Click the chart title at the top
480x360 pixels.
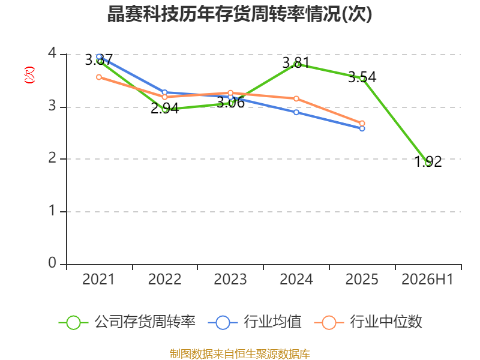click(x=239, y=14)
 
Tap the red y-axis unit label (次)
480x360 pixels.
click(x=29, y=75)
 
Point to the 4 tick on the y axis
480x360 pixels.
click(x=52, y=53)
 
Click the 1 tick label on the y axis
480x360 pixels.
click(x=52, y=211)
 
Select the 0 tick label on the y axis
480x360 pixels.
click(x=52, y=263)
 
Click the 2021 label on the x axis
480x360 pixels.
click(x=98, y=279)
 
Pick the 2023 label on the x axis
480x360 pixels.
click(x=230, y=279)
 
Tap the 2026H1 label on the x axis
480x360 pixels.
click(x=427, y=279)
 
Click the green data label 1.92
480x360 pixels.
click(x=428, y=161)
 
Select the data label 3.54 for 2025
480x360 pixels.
click(x=362, y=77)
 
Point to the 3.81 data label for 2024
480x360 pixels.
click(x=296, y=63)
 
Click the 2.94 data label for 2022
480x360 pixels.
click(x=164, y=109)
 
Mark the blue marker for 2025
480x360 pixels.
click(x=362, y=128)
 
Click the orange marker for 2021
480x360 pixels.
click(x=99, y=77)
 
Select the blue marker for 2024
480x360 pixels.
click(x=296, y=112)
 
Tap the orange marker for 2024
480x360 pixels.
click(x=296, y=98)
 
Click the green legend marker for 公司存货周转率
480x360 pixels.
click(x=73, y=323)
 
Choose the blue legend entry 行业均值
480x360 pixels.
click(x=254, y=322)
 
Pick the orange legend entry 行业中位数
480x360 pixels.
click(x=368, y=322)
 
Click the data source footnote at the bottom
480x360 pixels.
click(x=240, y=354)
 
